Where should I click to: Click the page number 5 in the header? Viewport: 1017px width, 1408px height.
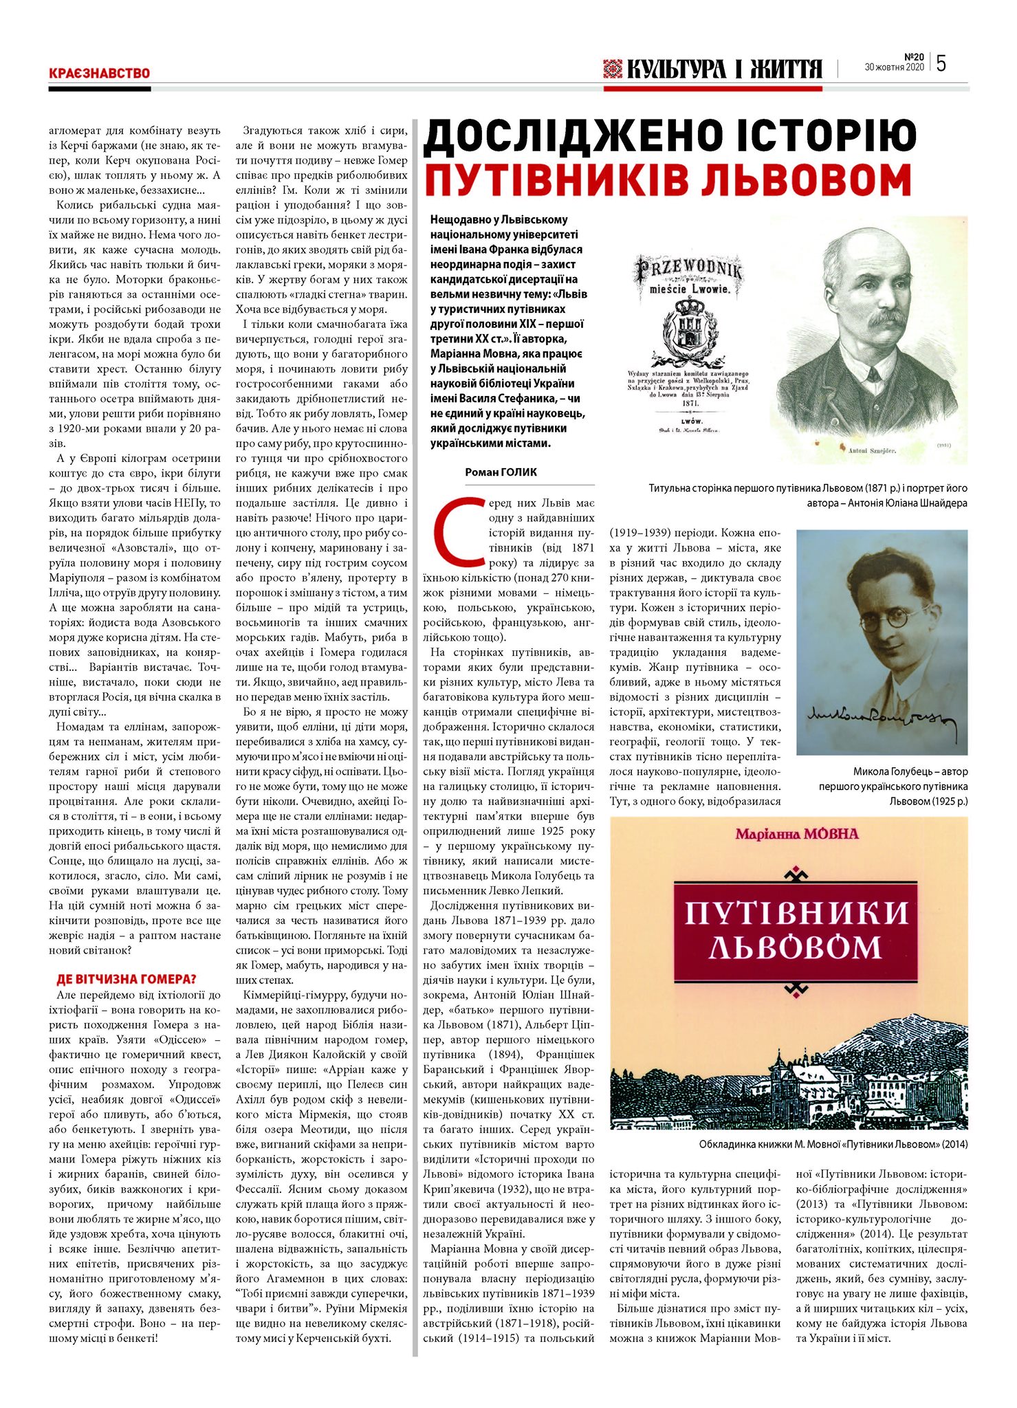(941, 63)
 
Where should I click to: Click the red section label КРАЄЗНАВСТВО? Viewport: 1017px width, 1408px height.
(99, 73)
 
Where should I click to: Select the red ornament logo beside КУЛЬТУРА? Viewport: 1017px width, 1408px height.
(611, 68)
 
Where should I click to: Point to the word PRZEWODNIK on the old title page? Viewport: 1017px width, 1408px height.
(688, 269)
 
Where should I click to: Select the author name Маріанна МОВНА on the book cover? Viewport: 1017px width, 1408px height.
(787, 834)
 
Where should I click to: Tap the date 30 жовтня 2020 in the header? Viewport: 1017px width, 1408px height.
(894, 68)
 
